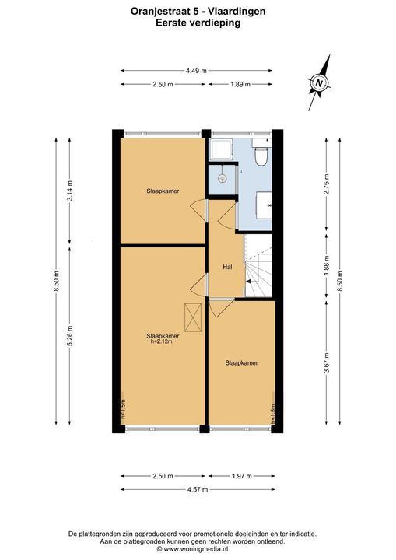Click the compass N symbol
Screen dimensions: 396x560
(319, 83)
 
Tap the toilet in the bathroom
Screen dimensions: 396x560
(261, 152)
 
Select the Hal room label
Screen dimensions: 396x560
(227, 267)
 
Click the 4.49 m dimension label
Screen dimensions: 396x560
(196, 71)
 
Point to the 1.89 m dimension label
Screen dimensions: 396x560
(240, 84)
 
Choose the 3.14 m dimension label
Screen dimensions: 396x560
(70, 191)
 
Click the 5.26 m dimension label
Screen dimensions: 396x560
(70, 335)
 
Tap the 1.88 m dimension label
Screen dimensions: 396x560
(327, 266)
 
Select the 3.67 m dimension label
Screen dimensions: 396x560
(327, 362)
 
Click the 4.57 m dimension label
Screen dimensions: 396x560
(198, 490)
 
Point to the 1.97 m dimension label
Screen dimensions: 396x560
(242, 476)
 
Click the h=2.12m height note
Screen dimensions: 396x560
(162, 341)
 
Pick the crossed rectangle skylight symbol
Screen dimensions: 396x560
(193, 317)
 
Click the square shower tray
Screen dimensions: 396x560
(221, 149)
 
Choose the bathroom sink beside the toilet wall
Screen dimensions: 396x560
(264, 205)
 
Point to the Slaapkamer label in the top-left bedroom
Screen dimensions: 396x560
(163, 191)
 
